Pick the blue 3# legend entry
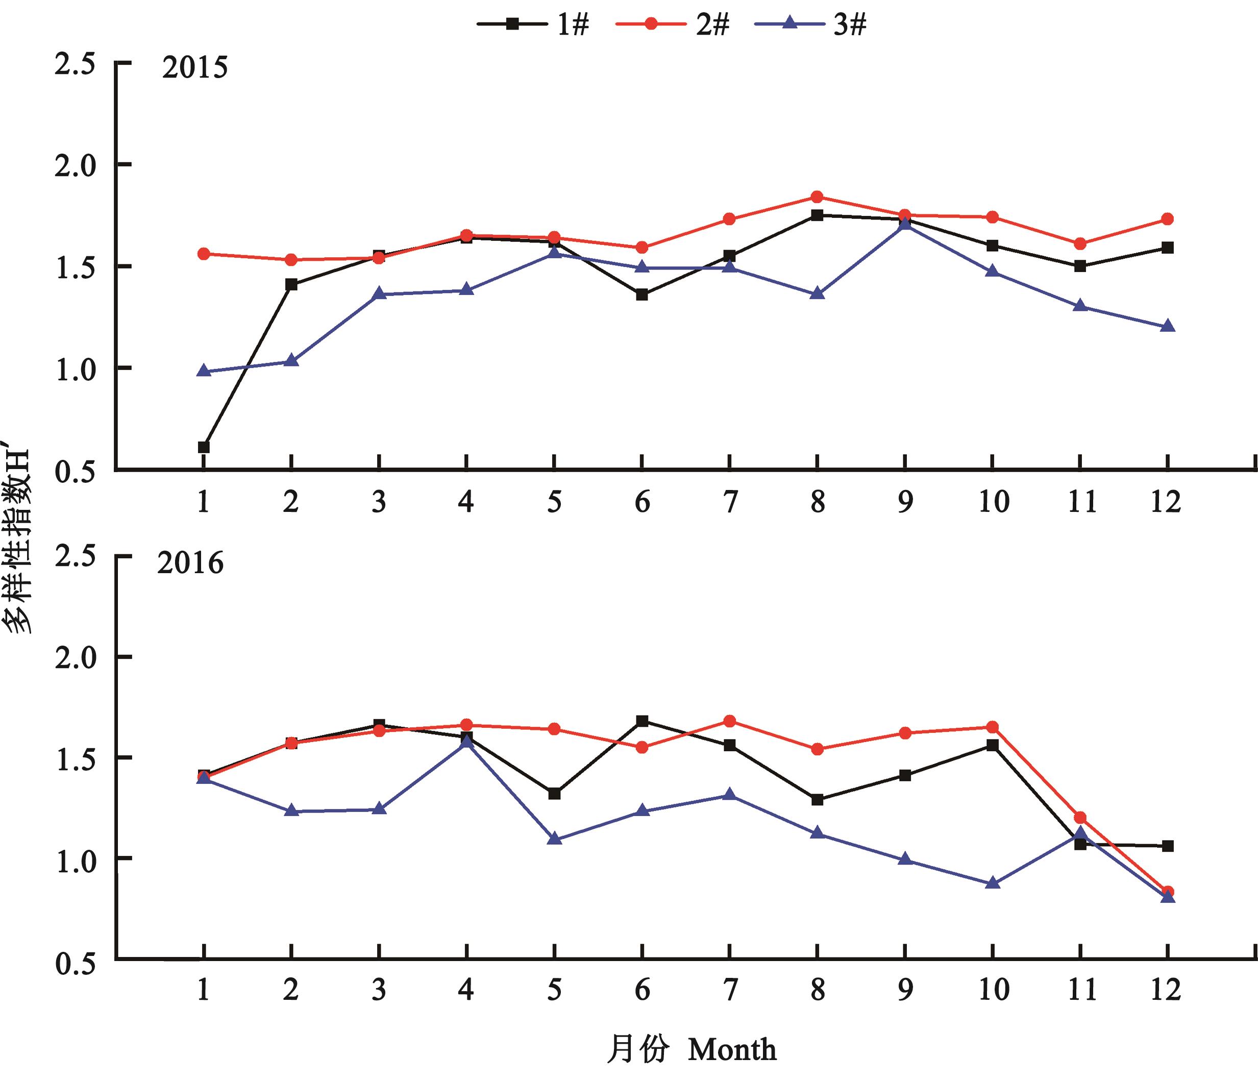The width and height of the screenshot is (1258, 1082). coord(810,25)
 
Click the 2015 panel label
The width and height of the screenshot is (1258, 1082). coord(195,67)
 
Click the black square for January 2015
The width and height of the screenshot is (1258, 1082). coord(204,447)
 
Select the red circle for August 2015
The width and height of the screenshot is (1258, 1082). coord(817,196)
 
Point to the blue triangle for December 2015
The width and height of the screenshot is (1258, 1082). coord(1167,327)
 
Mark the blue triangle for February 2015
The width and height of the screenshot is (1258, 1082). coord(291,361)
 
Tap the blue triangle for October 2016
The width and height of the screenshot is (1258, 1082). coord(993,883)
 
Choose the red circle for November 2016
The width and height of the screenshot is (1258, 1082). coord(1080,817)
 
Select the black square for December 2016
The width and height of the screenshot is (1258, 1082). coord(1167,846)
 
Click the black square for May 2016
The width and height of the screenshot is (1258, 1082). coord(554,794)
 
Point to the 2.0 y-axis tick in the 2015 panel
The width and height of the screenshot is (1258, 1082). coord(76,166)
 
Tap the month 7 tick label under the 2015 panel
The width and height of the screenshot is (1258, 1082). coord(730,502)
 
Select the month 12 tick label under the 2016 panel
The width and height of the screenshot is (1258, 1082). coord(1166,990)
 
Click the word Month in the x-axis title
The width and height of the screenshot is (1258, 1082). coord(732,1050)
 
